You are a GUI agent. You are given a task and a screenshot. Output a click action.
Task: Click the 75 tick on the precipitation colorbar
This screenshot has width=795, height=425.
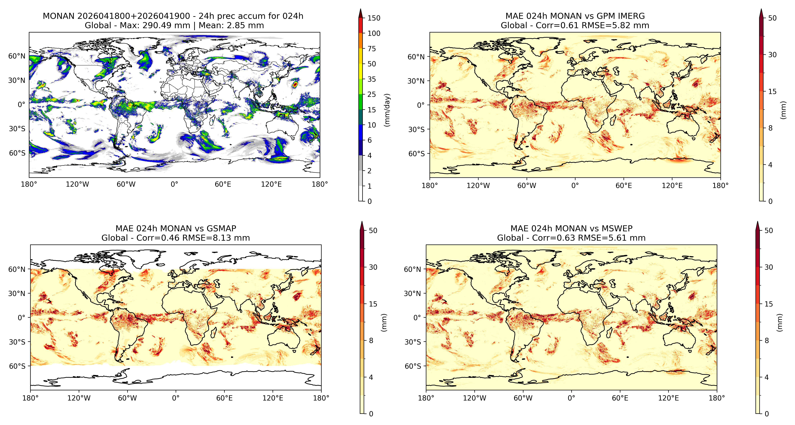point(372,49)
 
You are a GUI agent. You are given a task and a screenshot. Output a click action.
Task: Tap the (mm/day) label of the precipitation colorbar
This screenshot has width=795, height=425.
point(387,110)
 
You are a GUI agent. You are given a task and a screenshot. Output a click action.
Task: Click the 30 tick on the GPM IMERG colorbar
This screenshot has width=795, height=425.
point(772,55)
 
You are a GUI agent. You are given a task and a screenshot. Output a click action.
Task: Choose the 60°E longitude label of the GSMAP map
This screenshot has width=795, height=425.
point(224,398)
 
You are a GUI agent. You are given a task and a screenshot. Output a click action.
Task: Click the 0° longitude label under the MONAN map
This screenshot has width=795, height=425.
point(174,184)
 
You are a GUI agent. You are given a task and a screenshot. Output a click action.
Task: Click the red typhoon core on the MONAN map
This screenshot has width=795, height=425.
point(295,84)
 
